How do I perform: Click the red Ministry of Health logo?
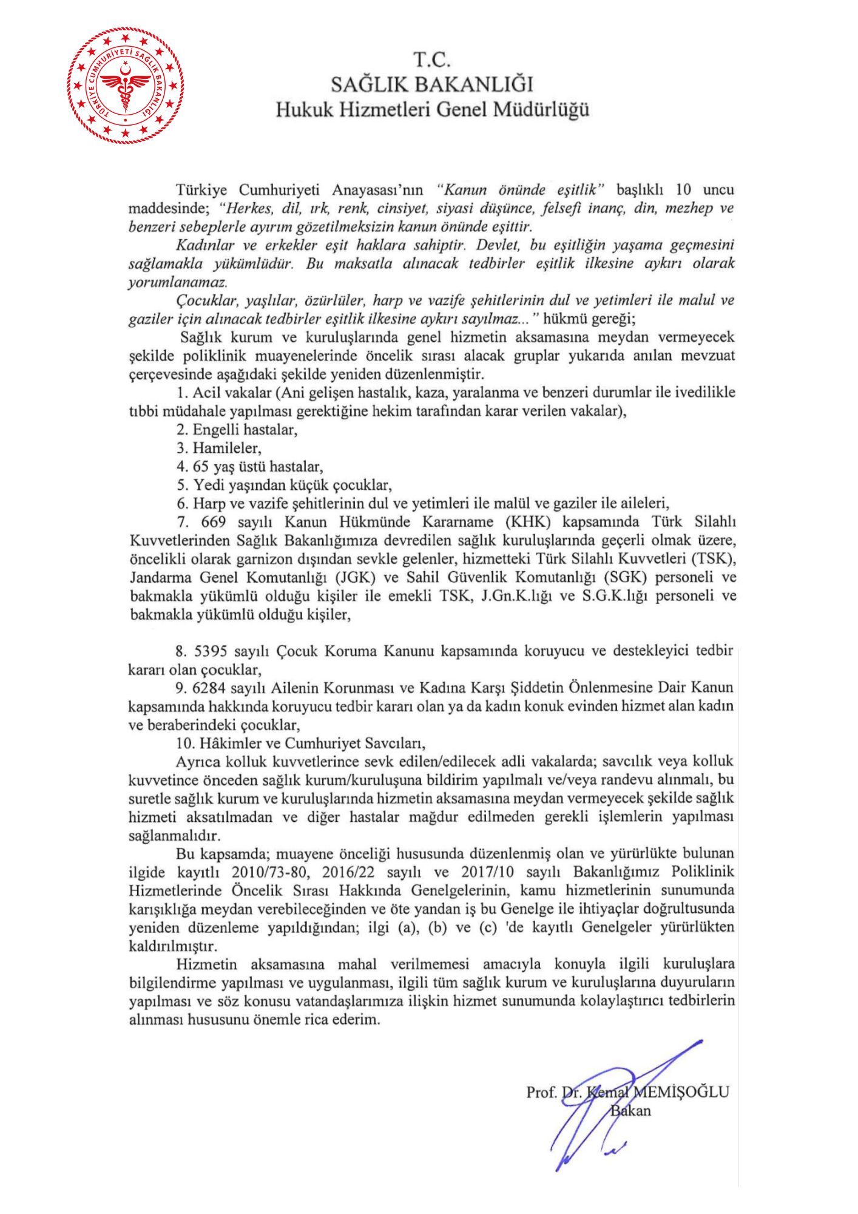126,85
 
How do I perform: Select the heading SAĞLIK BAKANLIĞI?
431,84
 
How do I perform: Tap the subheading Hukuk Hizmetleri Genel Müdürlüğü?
432,110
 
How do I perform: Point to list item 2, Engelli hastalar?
237,430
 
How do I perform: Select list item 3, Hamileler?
219,448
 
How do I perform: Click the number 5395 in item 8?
210,651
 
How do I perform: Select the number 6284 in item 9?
210,688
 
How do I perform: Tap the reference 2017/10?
487,872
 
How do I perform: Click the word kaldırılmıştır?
173,946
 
